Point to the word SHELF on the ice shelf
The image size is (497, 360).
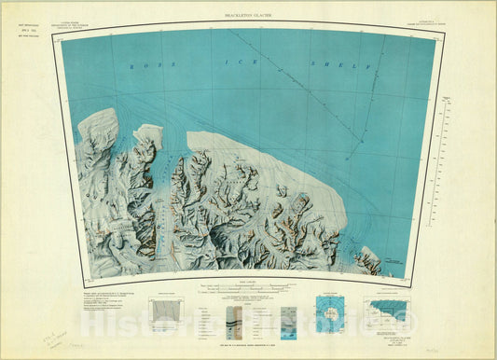[x=358, y=66]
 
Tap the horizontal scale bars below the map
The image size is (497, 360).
[x=248, y=291]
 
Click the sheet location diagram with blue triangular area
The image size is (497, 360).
[x=393, y=310]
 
